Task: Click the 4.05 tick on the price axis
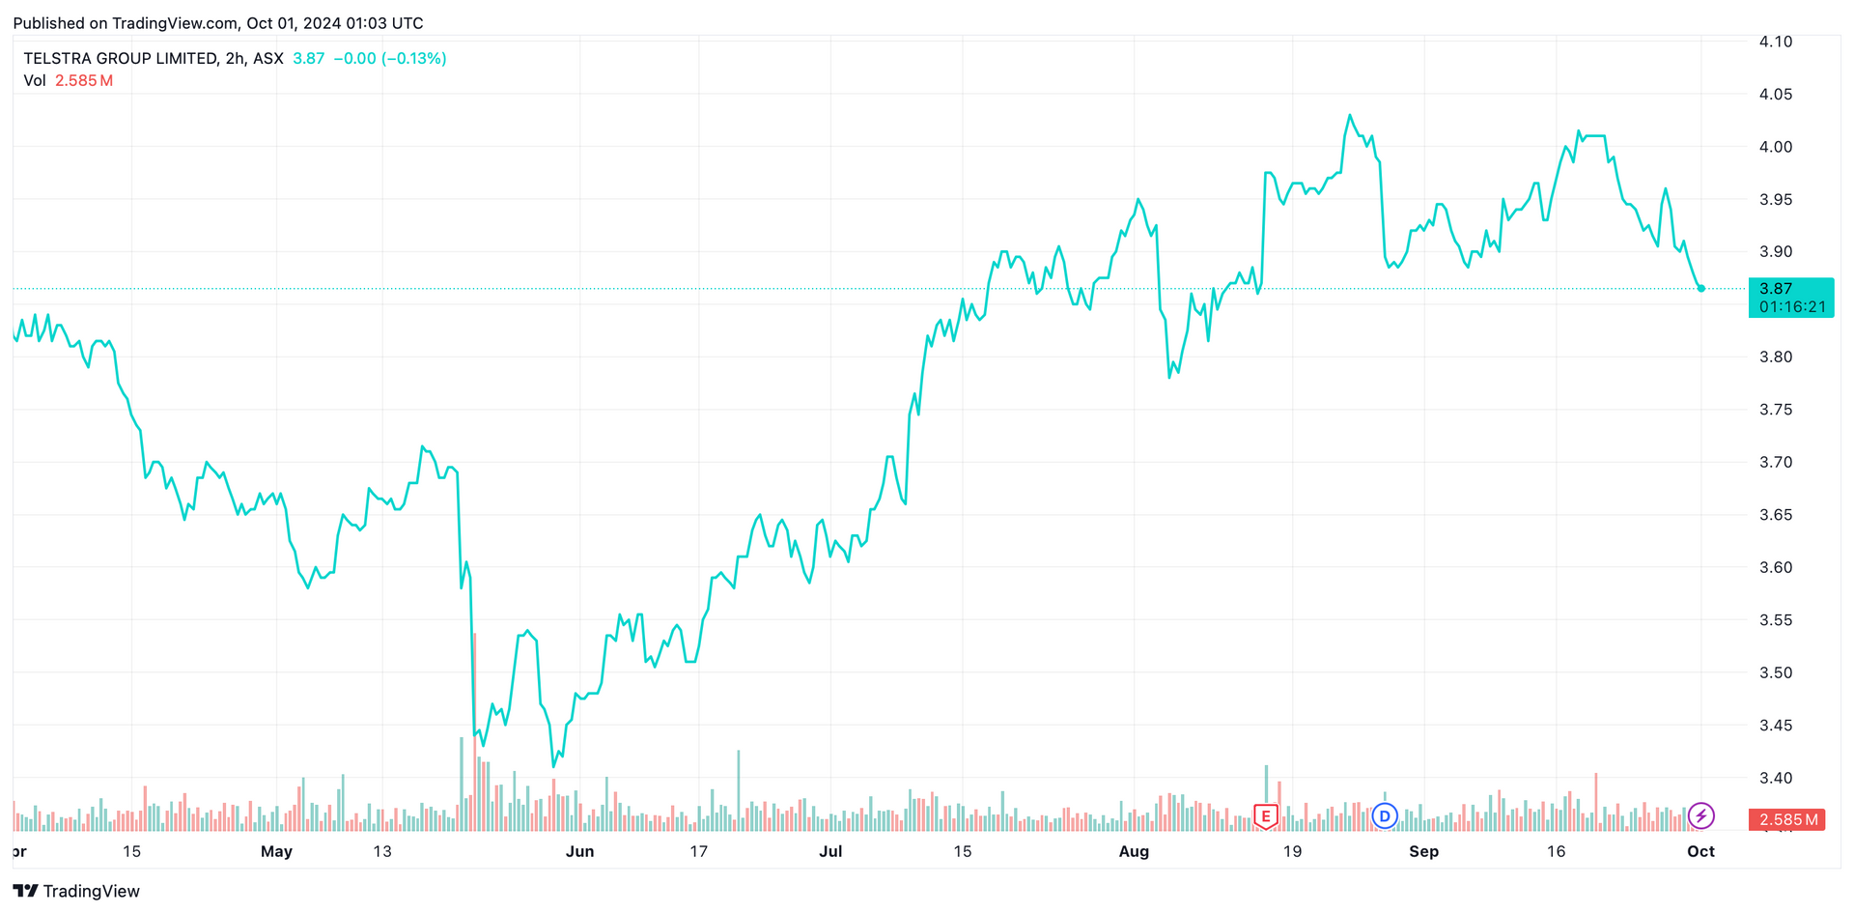click(1775, 95)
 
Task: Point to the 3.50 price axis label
click(1775, 672)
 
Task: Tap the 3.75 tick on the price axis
click(1775, 410)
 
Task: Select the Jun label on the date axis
click(579, 851)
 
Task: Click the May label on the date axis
click(276, 851)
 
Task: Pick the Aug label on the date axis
click(1134, 851)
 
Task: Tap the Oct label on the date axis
click(1700, 851)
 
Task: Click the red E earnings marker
click(1265, 816)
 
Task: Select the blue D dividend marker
click(1385, 816)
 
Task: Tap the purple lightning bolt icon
click(1700, 816)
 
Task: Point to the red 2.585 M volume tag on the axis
click(1786, 819)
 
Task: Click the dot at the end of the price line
click(1700, 289)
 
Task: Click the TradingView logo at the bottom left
click(77, 891)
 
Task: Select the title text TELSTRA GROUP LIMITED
click(121, 59)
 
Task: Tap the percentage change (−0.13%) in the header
click(414, 59)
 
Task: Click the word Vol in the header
click(35, 81)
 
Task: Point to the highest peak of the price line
click(1349, 115)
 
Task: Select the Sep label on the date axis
click(1423, 851)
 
